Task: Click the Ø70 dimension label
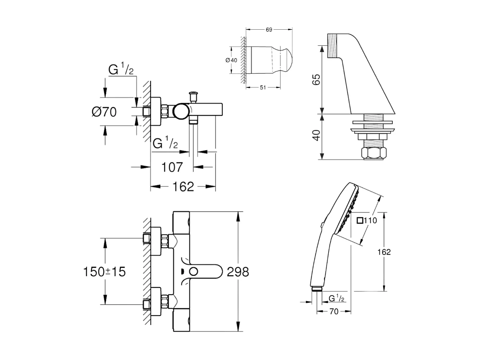click(104, 112)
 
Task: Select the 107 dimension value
click(172, 167)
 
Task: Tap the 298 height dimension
click(238, 271)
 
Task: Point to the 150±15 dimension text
click(104, 271)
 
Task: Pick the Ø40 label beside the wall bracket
click(232, 60)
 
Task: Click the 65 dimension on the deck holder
click(316, 79)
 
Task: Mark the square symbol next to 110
click(359, 220)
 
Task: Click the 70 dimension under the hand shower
click(334, 311)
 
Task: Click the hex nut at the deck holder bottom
click(374, 153)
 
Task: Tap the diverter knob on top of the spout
click(194, 95)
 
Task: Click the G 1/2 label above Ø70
click(121, 70)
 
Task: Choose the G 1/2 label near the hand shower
click(336, 298)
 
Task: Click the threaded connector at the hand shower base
click(317, 289)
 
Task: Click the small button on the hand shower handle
click(322, 225)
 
